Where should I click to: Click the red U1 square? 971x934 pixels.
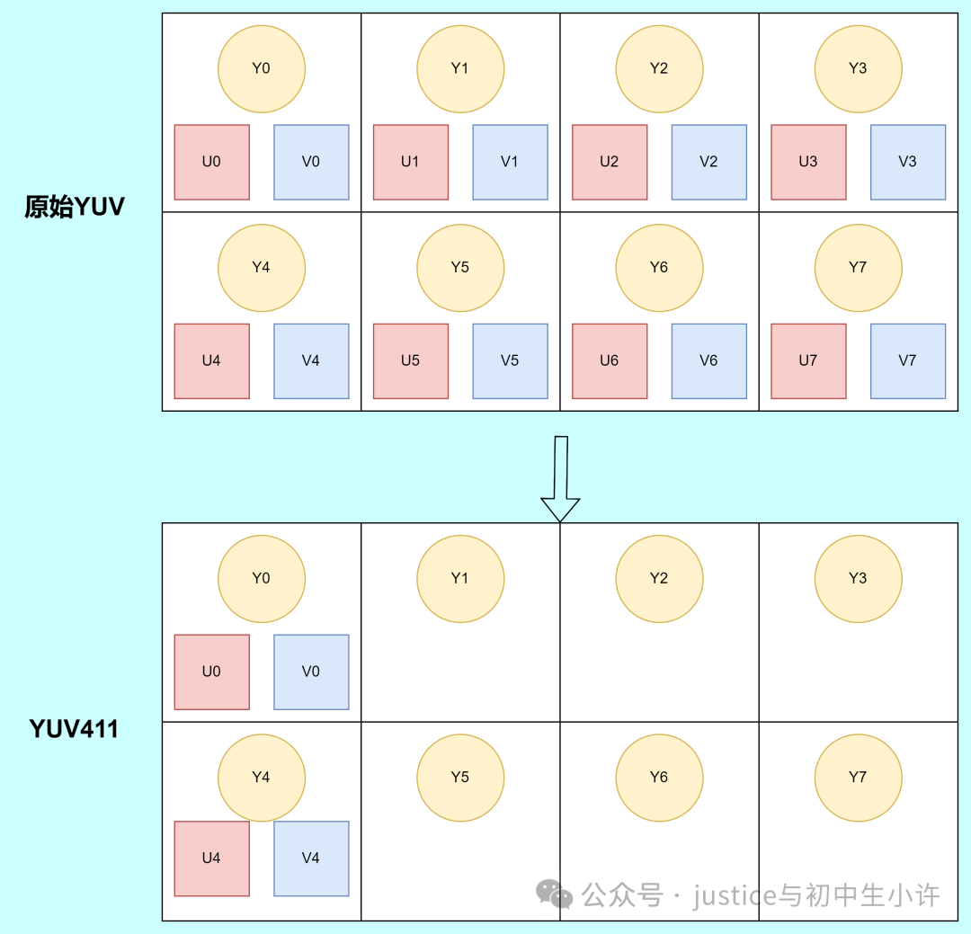tap(410, 162)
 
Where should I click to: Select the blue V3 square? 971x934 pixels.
tap(907, 162)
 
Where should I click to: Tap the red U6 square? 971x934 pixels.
tap(610, 360)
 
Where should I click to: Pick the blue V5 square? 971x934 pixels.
tap(510, 360)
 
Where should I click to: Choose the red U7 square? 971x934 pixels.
tap(808, 360)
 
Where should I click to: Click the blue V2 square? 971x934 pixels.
tap(708, 162)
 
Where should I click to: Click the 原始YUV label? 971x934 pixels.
tap(74, 208)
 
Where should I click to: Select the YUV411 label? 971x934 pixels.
tap(74, 728)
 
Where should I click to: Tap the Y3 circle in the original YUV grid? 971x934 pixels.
tap(858, 68)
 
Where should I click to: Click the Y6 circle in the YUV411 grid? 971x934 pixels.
tap(659, 778)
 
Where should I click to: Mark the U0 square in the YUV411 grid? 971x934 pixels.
tap(211, 672)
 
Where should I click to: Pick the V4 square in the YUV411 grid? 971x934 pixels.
tap(311, 858)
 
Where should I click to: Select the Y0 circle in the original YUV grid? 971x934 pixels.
tap(261, 68)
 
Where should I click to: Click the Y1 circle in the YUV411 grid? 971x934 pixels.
tap(460, 579)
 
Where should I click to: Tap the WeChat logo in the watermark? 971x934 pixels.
tap(554, 894)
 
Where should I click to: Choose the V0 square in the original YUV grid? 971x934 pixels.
tap(311, 162)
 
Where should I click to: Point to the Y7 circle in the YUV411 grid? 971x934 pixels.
tap(858, 778)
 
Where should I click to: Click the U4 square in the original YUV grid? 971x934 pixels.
tap(211, 360)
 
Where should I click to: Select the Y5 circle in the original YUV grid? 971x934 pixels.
tap(460, 267)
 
